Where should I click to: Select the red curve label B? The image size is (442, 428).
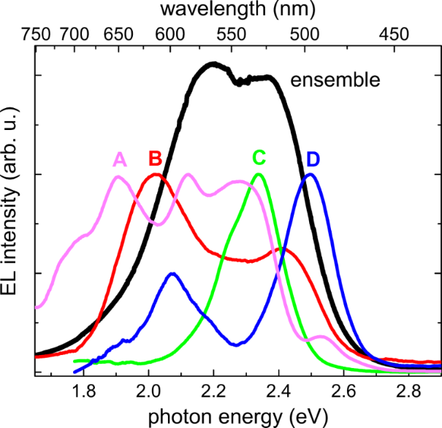(155, 158)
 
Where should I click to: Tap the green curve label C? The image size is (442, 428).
(259, 158)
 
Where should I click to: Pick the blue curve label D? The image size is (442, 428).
(313, 158)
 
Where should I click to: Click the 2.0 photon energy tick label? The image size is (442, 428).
(148, 389)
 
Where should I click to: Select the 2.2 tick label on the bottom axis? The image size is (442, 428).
(213, 389)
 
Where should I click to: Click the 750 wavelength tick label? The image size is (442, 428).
(37, 34)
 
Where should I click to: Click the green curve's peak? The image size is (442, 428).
(258, 175)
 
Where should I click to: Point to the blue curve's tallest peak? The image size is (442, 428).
(310, 175)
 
